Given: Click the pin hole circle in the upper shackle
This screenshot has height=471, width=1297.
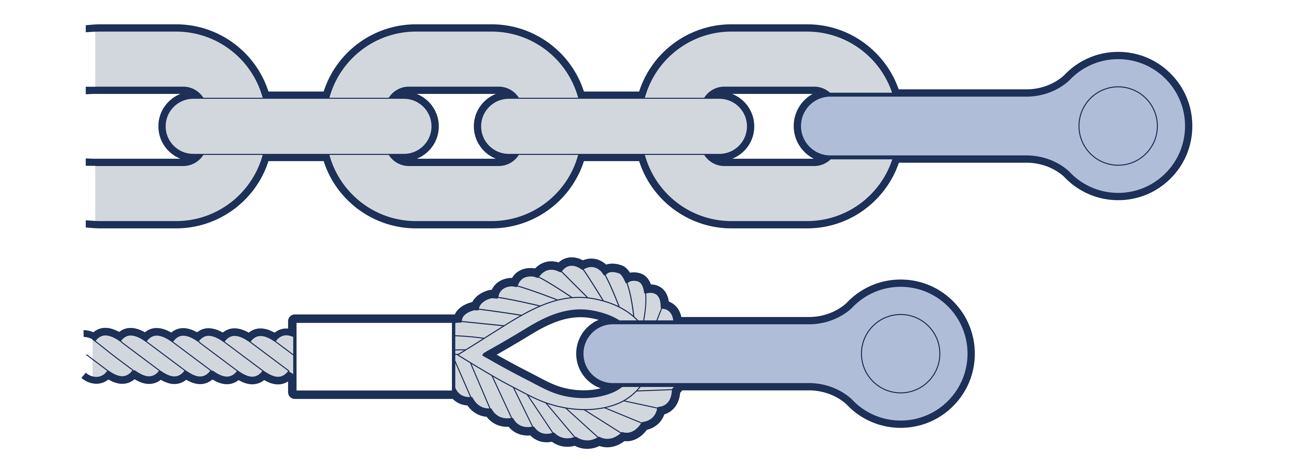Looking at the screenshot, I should pos(1118,126).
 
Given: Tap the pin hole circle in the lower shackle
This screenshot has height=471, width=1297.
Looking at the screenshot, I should pos(900,354).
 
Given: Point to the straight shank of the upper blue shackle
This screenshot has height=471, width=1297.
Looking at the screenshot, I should pos(931,126).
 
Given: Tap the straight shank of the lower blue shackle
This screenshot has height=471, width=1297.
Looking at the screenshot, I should pos(715,354).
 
